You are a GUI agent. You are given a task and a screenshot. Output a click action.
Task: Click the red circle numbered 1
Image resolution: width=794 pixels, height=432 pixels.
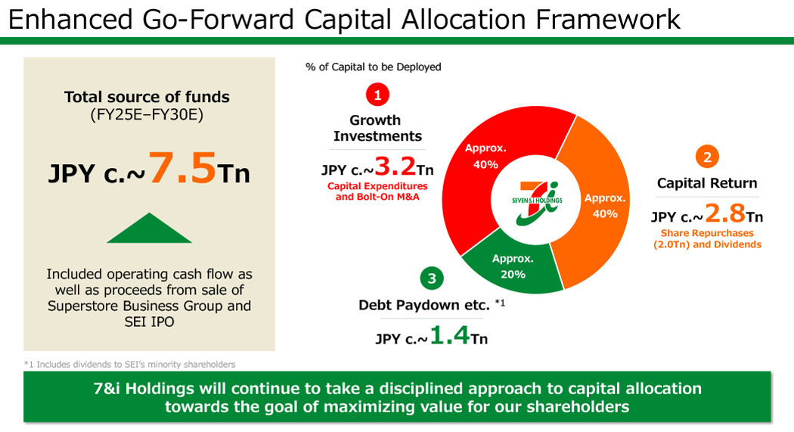[x=377, y=95]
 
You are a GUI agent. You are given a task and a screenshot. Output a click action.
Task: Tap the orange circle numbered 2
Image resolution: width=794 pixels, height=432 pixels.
[x=707, y=157]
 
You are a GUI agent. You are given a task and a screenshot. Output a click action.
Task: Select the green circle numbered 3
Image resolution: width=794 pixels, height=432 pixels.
[x=432, y=278]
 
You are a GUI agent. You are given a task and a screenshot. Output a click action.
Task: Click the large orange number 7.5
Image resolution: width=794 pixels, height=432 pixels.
[x=182, y=168]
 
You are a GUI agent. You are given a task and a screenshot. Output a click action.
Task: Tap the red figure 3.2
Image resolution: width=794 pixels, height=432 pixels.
[x=395, y=167]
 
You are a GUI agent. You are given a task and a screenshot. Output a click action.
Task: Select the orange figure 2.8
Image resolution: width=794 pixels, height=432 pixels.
[x=725, y=215]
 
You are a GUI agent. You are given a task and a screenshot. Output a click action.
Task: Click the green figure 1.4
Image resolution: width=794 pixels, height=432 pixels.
[x=449, y=335]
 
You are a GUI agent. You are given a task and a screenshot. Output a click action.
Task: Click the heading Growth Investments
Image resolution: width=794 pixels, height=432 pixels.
[x=377, y=128]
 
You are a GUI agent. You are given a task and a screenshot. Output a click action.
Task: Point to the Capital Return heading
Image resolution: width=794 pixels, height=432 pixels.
[x=706, y=183]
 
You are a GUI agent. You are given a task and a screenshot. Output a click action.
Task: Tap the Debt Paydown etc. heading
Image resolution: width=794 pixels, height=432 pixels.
[x=424, y=305]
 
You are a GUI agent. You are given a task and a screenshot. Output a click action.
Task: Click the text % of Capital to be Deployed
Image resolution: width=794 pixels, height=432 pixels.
[x=373, y=67]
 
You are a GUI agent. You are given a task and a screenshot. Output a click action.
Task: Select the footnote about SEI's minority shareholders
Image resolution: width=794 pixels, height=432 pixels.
[x=129, y=364]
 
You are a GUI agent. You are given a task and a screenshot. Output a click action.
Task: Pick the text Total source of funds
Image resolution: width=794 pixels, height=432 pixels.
[x=147, y=97]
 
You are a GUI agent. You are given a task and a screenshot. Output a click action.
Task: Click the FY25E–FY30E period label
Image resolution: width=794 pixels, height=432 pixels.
[x=147, y=115]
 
